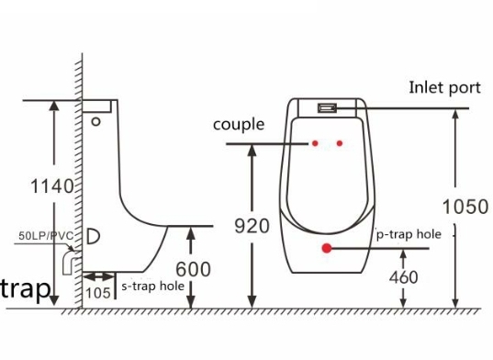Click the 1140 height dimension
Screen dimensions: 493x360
(x=52, y=186)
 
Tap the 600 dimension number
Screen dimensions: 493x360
(x=193, y=269)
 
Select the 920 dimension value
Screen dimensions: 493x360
(x=252, y=226)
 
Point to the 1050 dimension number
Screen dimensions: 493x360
(x=465, y=207)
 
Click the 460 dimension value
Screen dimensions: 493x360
(x=404, y=277)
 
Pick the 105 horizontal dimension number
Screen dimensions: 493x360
(x=98, y=293)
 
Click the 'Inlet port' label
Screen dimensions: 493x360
(x=444, y=88)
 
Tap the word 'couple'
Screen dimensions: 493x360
(x=239, y=125)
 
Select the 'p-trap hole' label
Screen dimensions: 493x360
(x=409, y=234)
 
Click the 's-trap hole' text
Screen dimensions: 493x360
(x=152, y=287)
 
